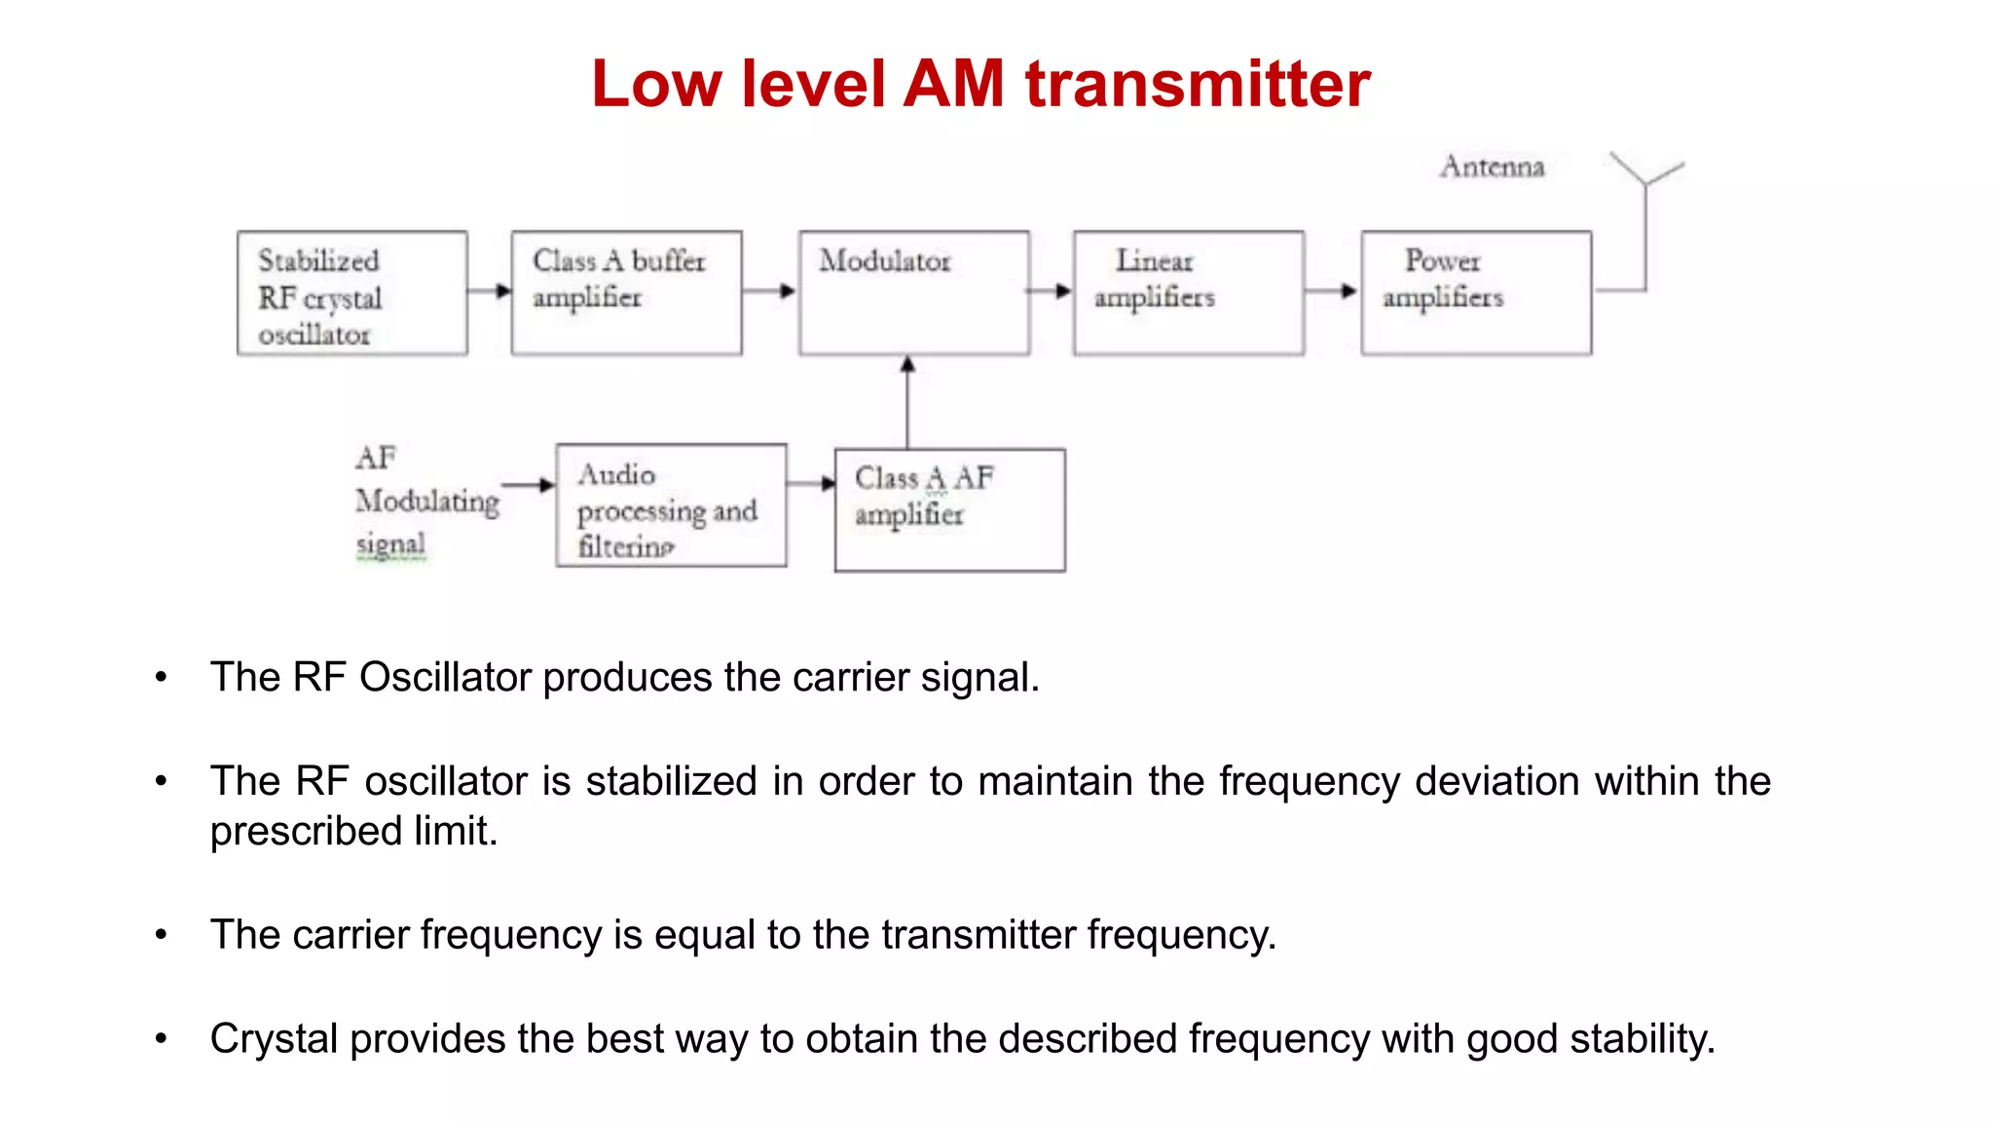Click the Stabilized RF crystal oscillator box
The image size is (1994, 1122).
[352, 293]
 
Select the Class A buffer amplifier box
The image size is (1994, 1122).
[626, 293]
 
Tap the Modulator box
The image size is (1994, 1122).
[914, 293]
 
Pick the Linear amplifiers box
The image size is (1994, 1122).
[1189, 293]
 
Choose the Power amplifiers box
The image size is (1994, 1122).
[1476, 293]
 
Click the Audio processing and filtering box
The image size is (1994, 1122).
[671, 505]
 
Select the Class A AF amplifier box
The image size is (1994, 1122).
[949, 510]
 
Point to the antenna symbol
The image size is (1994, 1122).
[1646, 185]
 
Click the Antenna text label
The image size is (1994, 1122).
[1493, 167]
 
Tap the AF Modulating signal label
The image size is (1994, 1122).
[426, 501]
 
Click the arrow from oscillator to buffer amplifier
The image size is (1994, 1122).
[490, 290]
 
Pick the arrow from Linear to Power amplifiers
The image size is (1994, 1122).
[1332, 290]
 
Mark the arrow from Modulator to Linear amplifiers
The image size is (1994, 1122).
[1051, 290]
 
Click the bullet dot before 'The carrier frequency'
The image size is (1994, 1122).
[161, 935]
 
